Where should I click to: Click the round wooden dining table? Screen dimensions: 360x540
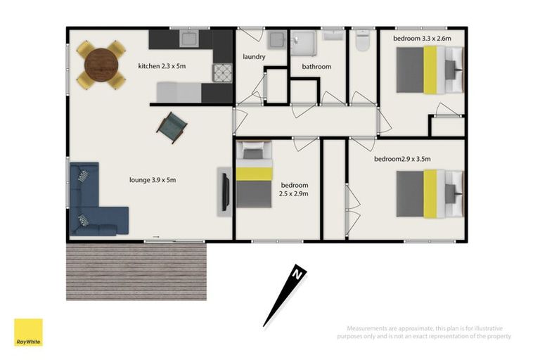pos(101,65)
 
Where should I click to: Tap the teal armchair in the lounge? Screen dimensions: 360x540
pos(172,127)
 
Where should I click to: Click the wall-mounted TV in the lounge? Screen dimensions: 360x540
pos(225,190)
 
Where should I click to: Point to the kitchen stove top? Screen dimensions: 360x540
pos(222,72)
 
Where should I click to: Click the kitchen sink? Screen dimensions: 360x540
pos(190,37)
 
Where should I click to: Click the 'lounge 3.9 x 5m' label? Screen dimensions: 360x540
pos(152,180)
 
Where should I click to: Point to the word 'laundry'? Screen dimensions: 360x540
pos(253,56)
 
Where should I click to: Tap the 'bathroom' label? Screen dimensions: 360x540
pos(316,67)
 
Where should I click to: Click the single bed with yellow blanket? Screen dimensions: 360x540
pos(254,175)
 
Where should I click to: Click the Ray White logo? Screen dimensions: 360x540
pos(28,332)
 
